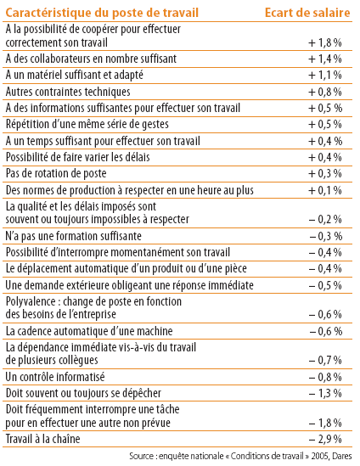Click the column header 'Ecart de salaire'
point(307,13)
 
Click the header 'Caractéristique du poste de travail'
point(102,13)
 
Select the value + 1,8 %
point(325,42)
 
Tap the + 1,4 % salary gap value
point(325,59)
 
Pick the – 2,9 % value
point(325,439)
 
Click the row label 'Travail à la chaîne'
point(42,439)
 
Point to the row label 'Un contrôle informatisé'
point(55,377)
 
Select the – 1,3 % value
point(325,393)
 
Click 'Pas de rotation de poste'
point(56,173)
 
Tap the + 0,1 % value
point(325,190)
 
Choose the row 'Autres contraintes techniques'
point(68,92)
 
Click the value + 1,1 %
point(325,76)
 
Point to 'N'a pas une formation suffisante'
point(73,236)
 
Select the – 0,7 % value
point(325,360)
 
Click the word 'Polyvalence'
point(31,301)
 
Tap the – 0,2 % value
point(325,219)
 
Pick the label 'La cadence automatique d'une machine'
point(89,331)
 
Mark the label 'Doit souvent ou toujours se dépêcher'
point(83,393)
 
